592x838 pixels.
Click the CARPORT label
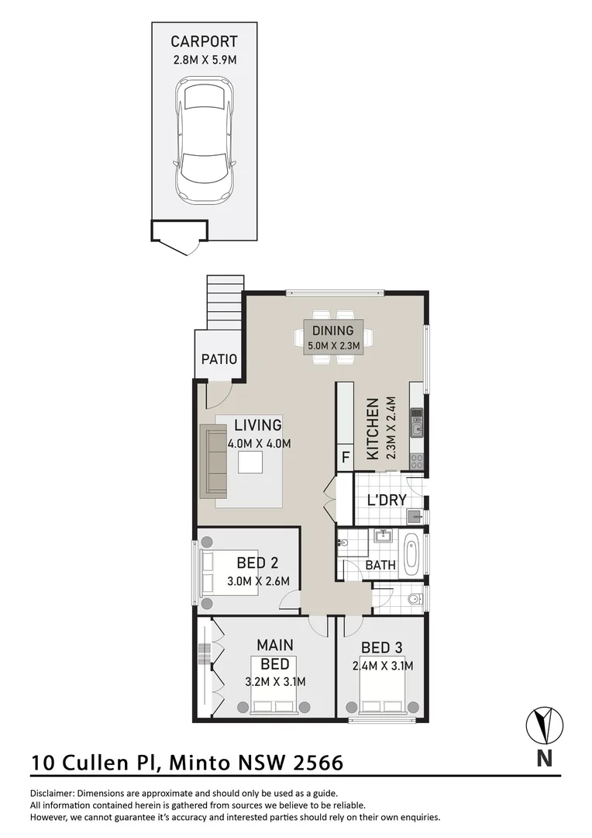pos(204,42)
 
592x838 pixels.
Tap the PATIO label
pos(219,359)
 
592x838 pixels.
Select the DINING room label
pos(333,331)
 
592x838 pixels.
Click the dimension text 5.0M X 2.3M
pos(333,346)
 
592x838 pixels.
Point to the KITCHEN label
pos(373,429)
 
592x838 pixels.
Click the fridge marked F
pos(345,458)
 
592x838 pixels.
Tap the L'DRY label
pos(387,500)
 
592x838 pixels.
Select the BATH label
pos(380,566)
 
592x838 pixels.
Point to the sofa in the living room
pos(212,461)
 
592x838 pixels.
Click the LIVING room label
pos(258,425)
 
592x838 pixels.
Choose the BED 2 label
pos(252,563)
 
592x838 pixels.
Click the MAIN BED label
pos(274,654)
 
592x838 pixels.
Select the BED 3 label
pos(382,648)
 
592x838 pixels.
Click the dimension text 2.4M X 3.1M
pos(382,666)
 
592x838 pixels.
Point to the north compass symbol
pos(545,725)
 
